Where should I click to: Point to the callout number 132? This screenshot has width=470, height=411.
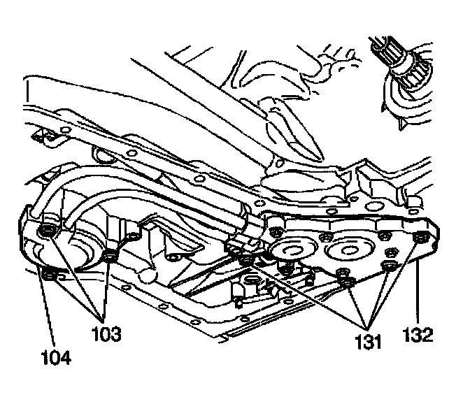pos(418,333)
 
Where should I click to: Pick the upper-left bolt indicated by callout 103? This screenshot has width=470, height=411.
pos(48,231)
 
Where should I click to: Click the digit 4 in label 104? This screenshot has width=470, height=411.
pos(67,358)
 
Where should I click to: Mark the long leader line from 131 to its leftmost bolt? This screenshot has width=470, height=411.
pos(308,293)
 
